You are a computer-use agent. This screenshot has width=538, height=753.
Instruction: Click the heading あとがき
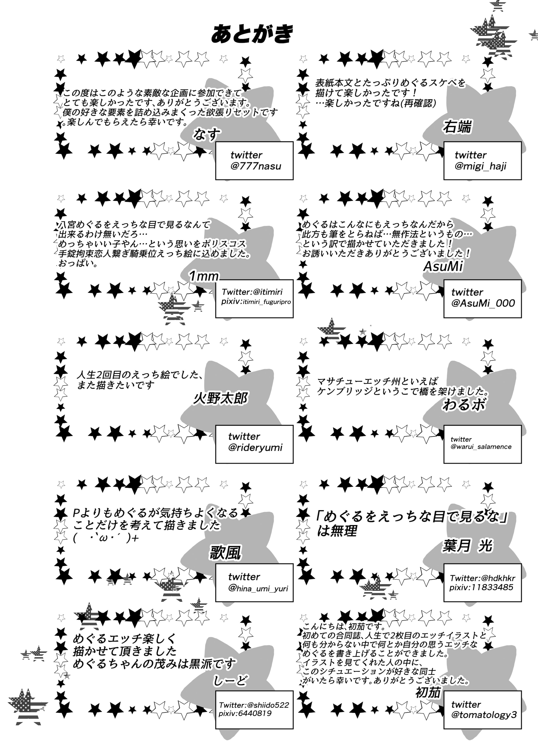[252, 34]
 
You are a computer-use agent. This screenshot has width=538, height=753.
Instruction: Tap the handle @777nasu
[256, 166]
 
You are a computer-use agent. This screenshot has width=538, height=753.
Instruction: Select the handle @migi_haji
[480, 166]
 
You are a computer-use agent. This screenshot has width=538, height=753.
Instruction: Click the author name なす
[207, 134]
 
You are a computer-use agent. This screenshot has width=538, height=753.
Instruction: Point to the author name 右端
[457, 127]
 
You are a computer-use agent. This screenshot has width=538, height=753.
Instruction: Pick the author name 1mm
[204, 276]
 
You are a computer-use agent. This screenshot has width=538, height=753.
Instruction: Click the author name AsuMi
[443, 266]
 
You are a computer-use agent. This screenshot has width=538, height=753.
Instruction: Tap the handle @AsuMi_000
[483, 303]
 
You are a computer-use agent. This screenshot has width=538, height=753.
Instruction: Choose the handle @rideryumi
[255, 448]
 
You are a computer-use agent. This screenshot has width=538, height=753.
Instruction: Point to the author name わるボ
[464, 405]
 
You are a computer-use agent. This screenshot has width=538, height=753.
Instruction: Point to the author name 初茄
[428, 693]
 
